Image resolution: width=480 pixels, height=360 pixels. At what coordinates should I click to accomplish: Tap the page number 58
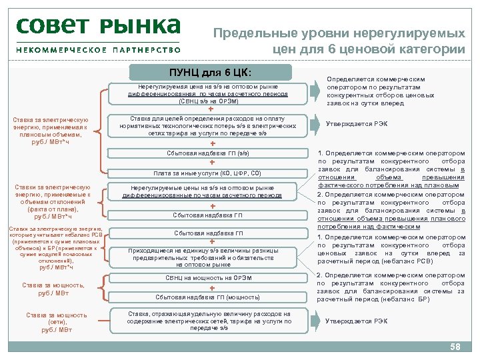click(x=455, y=347)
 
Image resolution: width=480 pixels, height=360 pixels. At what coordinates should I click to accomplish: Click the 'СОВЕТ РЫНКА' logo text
click(x=98, y=27)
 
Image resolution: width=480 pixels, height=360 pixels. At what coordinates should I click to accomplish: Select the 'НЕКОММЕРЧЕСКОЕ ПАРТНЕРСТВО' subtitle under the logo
click(x=98, y=49)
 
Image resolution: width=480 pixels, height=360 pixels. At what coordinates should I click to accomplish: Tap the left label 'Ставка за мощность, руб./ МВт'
click(x=53, y=288)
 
